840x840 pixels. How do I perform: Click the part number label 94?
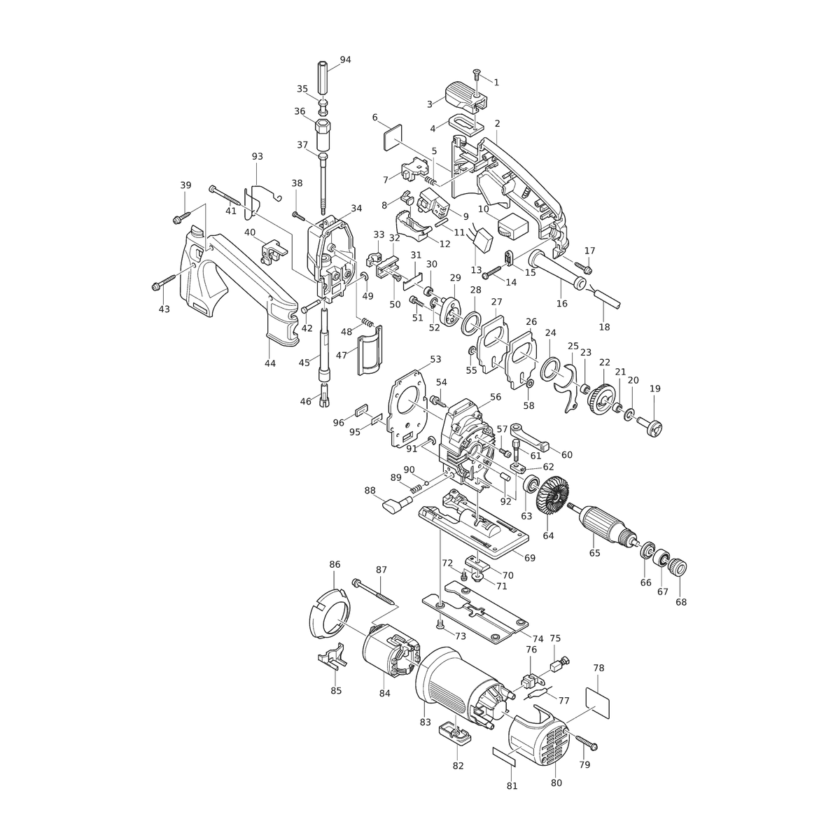(x=345, y=59)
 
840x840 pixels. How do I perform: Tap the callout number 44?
(x=269, y=363)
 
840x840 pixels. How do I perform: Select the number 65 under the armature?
(x=594, y=553)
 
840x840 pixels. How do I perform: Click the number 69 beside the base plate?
(x=530, y=558)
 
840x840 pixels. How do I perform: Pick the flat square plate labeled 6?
(x=393, y=137)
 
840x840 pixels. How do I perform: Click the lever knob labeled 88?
(x=395, y=503)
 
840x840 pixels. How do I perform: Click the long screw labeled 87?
(x=376, y=591)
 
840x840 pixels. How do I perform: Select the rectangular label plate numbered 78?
(x=597, y=702)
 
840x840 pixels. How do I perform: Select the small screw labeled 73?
(x=440, y=624)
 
